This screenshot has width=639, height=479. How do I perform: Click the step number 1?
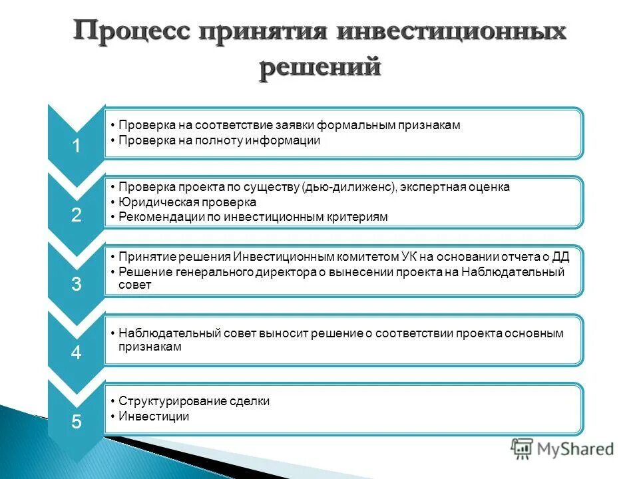click(76, 146)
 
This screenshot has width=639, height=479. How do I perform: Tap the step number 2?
click(76, 215)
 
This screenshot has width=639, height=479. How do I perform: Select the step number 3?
click(76, 284)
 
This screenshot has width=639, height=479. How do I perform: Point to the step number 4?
click(76, 353)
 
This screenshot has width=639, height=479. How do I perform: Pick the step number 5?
click(76, 421)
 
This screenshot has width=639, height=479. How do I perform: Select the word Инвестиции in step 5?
click(154, 416)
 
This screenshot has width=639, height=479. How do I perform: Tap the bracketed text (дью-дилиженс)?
click(349, 187)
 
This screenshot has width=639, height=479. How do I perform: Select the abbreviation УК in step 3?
click(411, 257)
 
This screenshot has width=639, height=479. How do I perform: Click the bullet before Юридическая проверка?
click(113, 202)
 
